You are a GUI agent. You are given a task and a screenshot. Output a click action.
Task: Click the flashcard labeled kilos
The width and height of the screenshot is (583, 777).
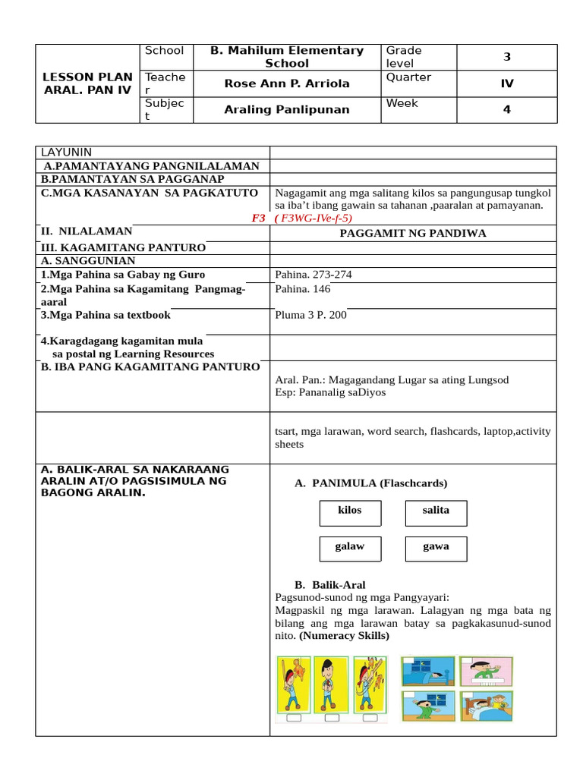[x=350, y=512]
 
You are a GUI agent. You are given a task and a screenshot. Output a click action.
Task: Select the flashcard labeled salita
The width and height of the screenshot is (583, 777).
[x=436, y=512]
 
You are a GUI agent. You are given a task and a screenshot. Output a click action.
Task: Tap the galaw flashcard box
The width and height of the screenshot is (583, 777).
[x=350, y=548]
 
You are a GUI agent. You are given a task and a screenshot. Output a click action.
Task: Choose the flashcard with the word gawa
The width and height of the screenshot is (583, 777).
[x=436, y=548]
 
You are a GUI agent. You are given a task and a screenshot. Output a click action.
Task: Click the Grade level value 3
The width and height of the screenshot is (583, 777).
[x=507, y=57]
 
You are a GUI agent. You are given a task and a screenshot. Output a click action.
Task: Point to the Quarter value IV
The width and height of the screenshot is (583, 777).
[x=507, y=83]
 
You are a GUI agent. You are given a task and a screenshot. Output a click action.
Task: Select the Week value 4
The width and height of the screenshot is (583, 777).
[x=507, y=109]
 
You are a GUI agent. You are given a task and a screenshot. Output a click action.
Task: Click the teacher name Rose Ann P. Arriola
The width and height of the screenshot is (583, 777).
[x=287, y=83]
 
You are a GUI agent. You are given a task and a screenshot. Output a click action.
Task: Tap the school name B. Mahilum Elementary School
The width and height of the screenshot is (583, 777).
[x=287, y=57]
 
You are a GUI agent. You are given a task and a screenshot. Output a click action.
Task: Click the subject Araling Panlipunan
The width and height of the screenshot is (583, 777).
[x=287, y=109]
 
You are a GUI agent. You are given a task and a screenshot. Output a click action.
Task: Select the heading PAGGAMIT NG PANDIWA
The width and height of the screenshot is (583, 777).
[x=413, y=233]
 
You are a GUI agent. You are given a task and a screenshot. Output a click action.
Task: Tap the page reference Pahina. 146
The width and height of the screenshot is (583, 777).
[x=303, y=289]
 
